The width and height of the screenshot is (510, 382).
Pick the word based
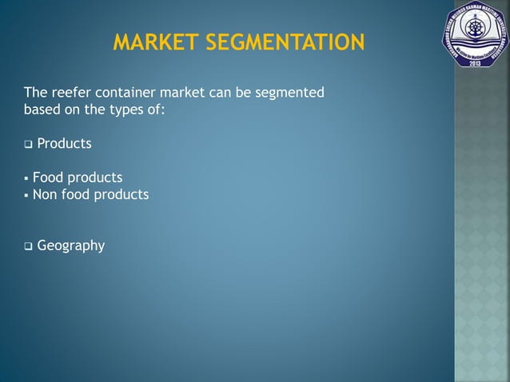point(41,109)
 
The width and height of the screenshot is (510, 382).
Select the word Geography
point(70,246)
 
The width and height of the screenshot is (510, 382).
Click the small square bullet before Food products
point(26,178)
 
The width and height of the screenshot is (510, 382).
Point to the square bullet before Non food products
point(26,195)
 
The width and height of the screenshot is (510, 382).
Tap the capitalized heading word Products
point(64,145)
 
